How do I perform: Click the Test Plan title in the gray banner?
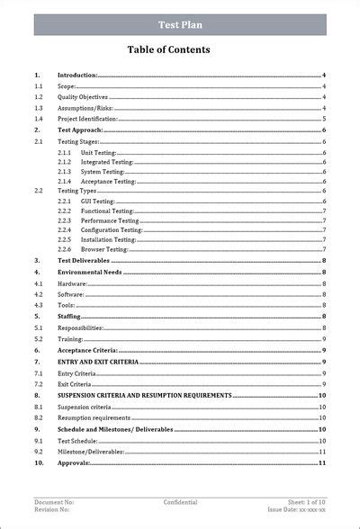pos(180,25)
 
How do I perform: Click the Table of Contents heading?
pos(180,50)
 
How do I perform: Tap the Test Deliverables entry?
pos(85,260)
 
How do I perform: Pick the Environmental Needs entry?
pos(89,272)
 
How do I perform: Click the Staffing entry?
pos(69,317)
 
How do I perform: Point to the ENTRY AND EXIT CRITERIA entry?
pos(98,361)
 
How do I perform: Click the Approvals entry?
pos(73,462)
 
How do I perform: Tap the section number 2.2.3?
pos(64,220)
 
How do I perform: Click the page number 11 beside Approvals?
pos(321,462)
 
